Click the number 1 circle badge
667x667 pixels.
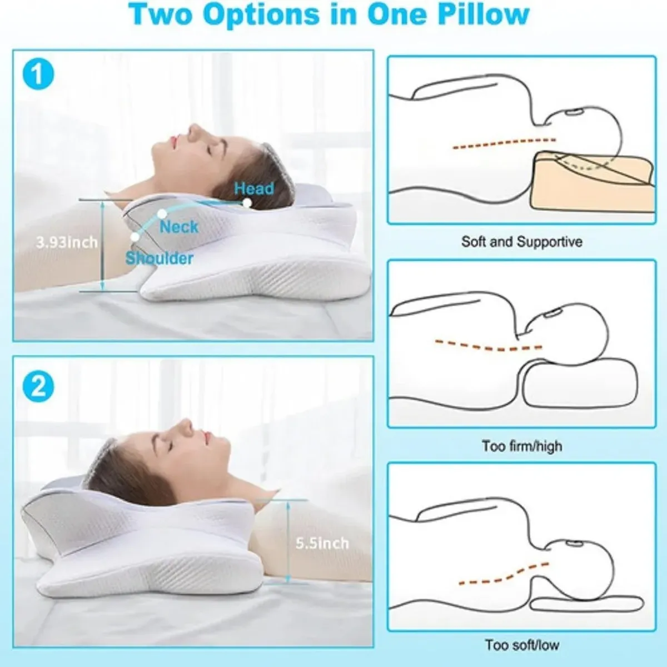38,74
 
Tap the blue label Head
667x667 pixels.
254,188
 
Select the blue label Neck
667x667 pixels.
179,227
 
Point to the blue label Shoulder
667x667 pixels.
160,258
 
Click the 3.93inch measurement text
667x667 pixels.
67,242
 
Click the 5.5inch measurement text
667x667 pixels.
322,543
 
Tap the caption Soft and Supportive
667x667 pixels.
522,242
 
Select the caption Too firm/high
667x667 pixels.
522,446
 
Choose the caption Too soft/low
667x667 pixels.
522,645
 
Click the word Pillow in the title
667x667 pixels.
483,15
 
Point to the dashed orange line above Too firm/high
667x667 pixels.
488,346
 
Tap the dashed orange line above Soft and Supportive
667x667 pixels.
504,143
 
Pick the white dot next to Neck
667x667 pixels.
162,213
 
